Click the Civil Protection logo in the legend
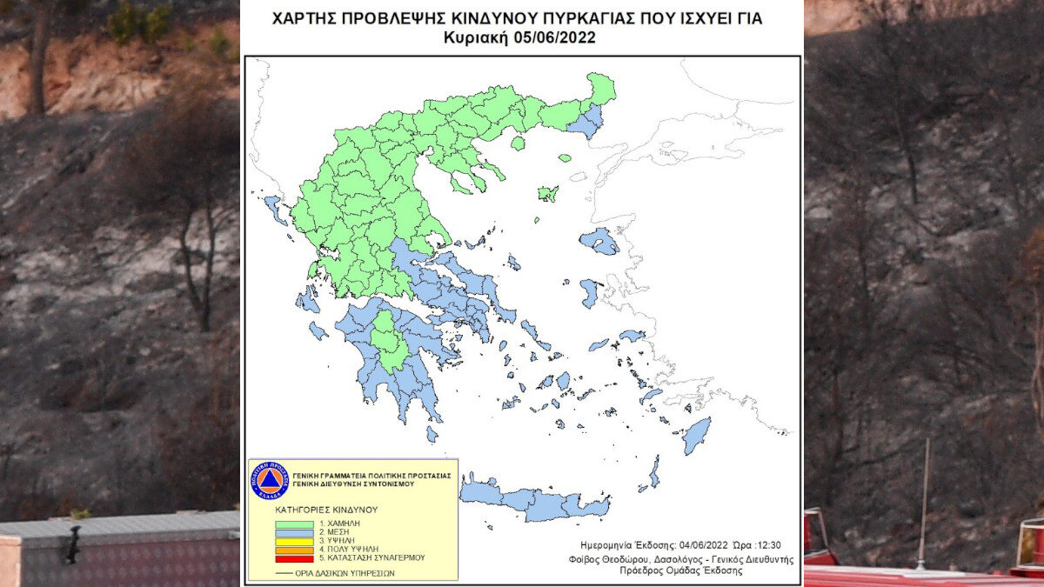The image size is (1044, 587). click(269, 479)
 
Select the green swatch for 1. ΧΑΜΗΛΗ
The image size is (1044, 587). click(294, 525)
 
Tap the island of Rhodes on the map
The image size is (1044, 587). click(696, 435)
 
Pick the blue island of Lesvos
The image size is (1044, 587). click(599, 241)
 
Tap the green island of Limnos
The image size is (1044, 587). click(547, 193)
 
